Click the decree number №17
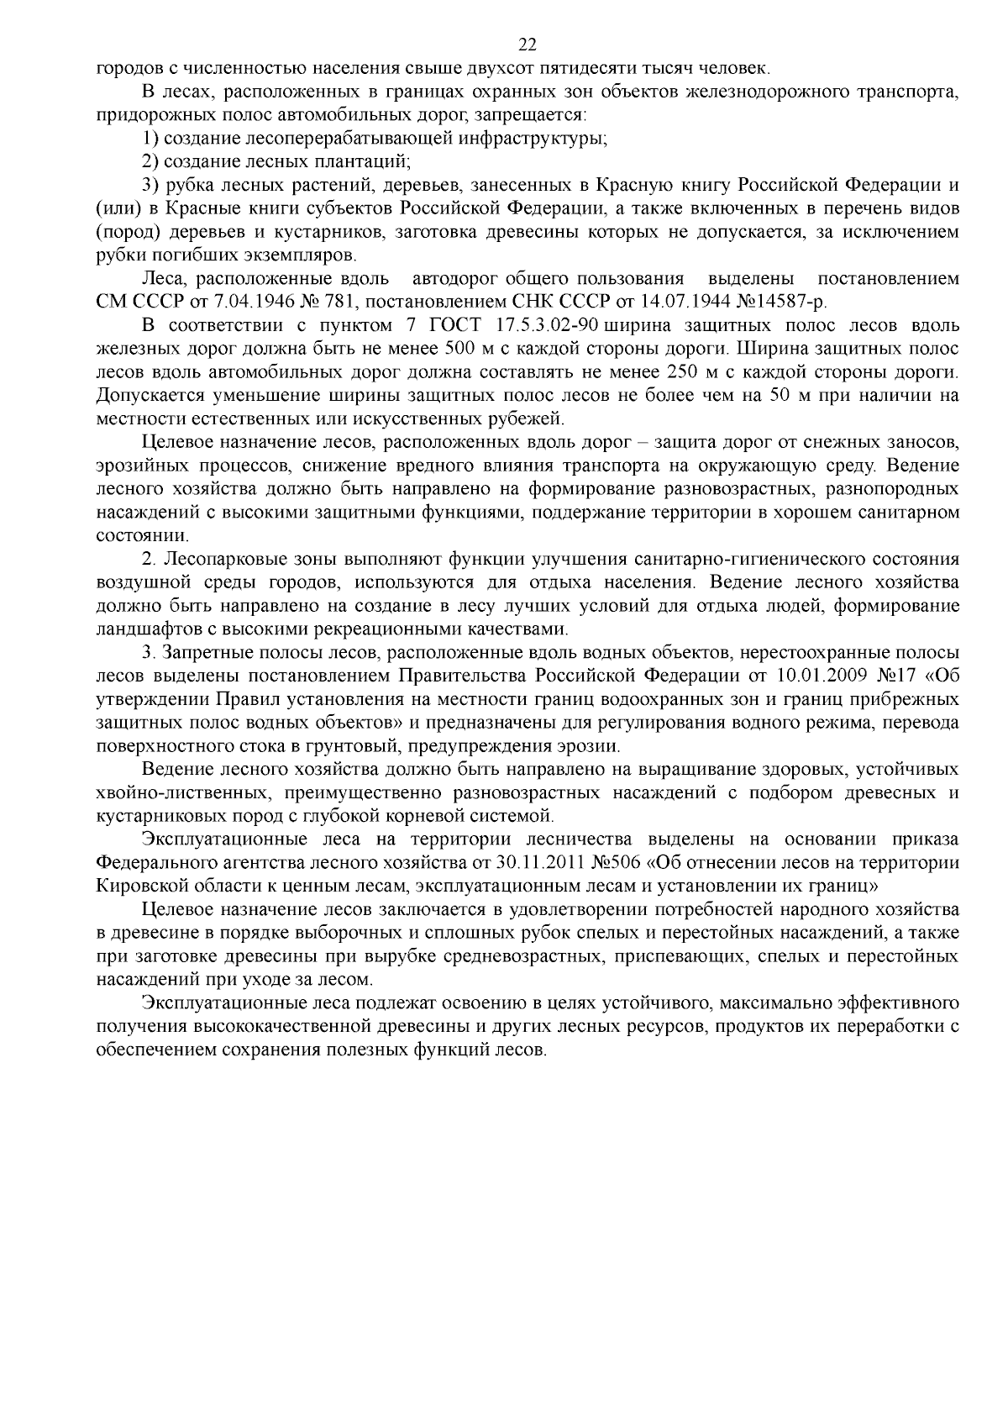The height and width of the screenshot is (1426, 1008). pos(900,675)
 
